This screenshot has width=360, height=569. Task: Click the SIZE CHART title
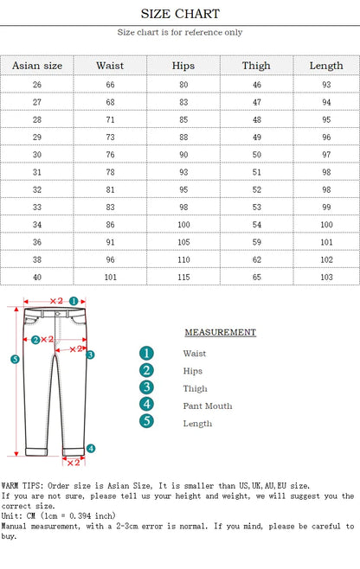coord(180,14)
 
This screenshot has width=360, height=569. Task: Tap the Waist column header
coord(110,66)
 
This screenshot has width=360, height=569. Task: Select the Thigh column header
coord(256,66)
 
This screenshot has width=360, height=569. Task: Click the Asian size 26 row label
coord(37,85)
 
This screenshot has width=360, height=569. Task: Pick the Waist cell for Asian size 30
coord(110,154)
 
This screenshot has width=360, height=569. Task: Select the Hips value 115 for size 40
coord(183,276)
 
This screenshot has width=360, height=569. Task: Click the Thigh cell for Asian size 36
coord(256,241)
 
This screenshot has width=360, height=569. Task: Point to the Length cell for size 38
coord(326,259)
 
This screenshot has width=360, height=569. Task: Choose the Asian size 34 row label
coord(37,224)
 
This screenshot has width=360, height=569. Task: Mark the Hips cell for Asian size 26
coord(183,85)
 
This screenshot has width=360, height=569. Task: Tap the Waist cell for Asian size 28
coord(110,119)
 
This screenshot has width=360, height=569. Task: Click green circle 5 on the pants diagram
coord(15,359)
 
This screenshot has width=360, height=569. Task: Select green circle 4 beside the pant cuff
coord(91,449)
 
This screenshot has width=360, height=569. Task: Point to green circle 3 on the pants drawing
coord(90,355)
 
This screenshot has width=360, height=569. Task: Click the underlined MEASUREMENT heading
coord(220,332)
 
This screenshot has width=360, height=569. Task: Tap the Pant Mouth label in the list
coord(208,406)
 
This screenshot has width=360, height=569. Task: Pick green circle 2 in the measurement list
coord(147,370)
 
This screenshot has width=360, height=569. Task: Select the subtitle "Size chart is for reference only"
coord(180,33)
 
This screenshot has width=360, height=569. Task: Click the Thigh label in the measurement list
coord(196,388)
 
